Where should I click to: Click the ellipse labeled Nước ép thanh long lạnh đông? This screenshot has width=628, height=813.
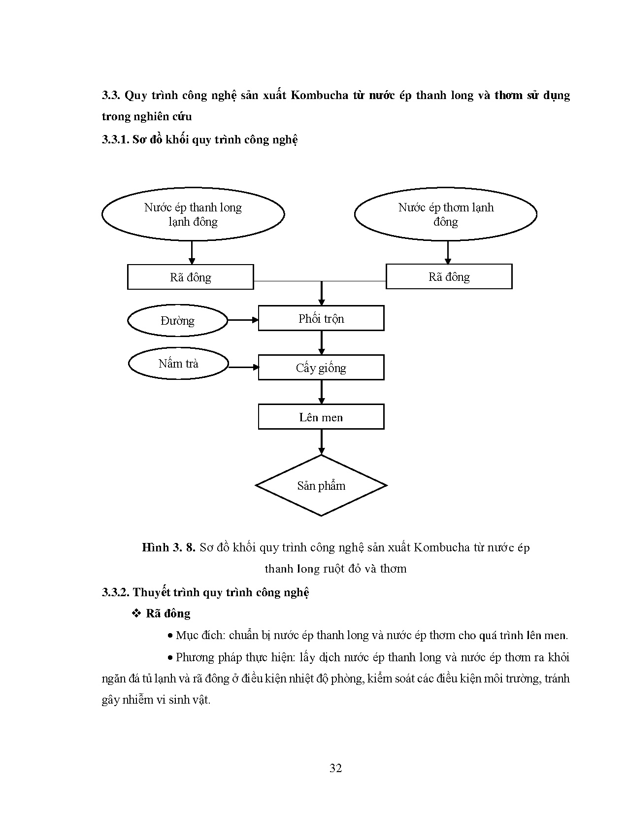pyautogui.click(x=193, y=214)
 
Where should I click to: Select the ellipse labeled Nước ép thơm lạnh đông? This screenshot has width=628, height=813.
pyautogui.click(x=445, y=214)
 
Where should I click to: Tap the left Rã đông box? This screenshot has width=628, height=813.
pyautogui.click(x=191, y=277)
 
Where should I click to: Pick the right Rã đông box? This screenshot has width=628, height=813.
pyautogui.click(x=449, y=276)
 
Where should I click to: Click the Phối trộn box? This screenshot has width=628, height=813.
pyautogui.click(x=321, y=318)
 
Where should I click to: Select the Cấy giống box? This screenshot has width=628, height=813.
pyautogui.click(x=321, y=368)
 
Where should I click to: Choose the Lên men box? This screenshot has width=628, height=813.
pyautogui.click(x=321, y=417)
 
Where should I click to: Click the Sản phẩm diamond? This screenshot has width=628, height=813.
pyautogui.click(x=321, y=486)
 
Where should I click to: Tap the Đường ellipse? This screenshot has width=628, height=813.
pyautogui.click(x=177, y=321)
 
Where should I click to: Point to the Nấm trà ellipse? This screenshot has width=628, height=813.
pyautogui.click(x=178, y=364)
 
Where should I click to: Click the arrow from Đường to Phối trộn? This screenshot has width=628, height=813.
pyautogui.click(x=243, y=320)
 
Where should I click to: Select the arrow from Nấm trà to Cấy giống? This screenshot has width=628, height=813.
pyautogui.click(x=244, y=367)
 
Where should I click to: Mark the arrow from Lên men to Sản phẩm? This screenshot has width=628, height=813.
pyautogui.click(x=322, y=441)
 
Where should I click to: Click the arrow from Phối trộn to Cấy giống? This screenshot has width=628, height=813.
pyautogui.click(x=322, y=342)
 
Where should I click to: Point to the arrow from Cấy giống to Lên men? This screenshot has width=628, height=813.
pyautogui.click(x=322, y=392)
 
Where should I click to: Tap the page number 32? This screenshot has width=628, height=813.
pyautogui.click(x=335, y=768)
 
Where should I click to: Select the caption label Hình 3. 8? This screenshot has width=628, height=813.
pyautogui.click(x=169, y=547)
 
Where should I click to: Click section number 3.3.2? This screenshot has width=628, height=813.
pyautogui.click(x=115, y=592)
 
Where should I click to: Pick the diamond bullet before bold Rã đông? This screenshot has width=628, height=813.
pyautogui.click(x=136, y=613)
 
